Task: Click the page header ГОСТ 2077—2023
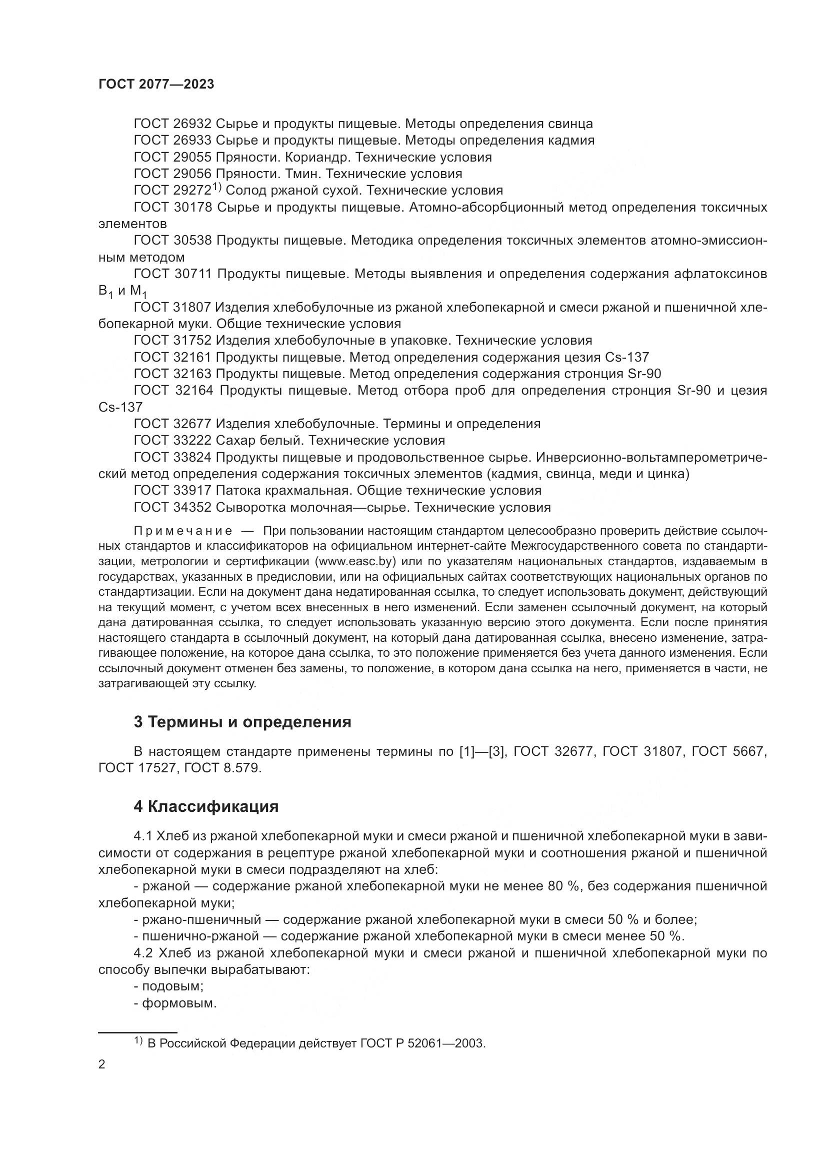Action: (x=156, y=85)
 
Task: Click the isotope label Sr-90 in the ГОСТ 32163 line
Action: (x=641, y=374)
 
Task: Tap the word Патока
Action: (x=239, y=491)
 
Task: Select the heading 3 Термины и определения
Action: (x=242, y=722)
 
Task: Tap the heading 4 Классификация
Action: (x=206, y=807)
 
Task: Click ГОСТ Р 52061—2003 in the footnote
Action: (x=422, y=1043)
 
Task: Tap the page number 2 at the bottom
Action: (x=102, y=1064)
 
